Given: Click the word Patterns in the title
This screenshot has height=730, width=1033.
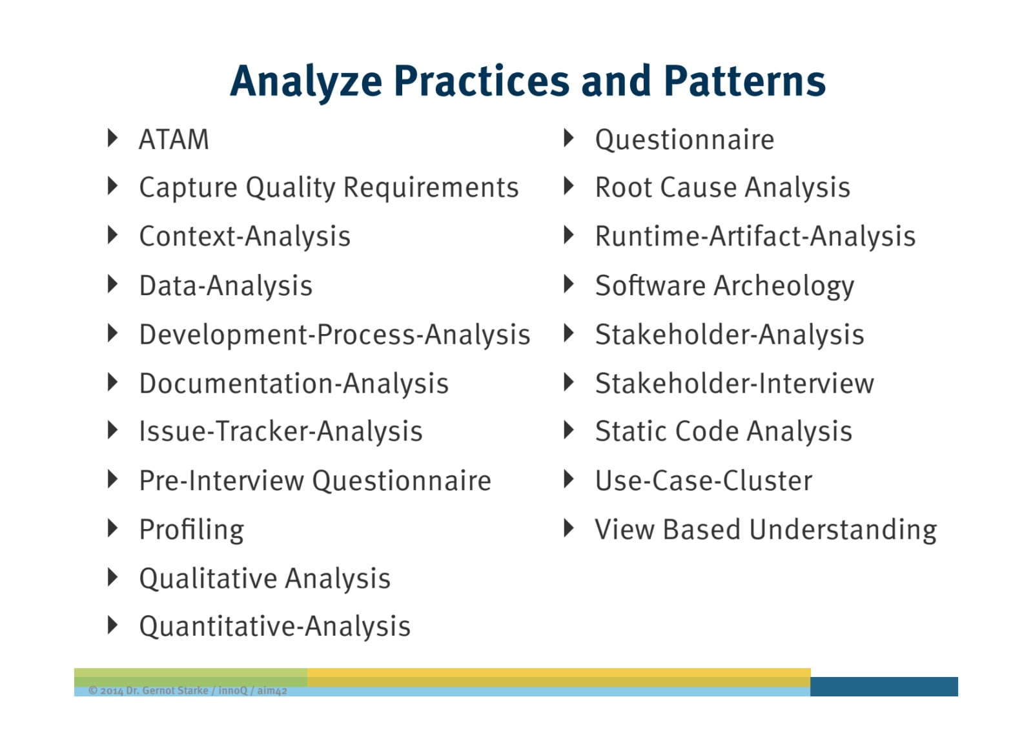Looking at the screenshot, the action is tap(745, 81).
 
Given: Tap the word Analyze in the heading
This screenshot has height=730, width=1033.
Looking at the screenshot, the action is tap(306, 83).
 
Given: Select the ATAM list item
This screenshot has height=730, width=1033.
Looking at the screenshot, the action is tap(174, 140).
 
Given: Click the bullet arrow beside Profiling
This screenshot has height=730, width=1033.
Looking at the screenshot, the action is tap(112, 528).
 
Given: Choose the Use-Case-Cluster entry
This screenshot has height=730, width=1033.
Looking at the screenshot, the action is tap(704, 481).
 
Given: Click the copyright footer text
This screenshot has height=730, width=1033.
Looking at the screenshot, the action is tap(188, 691).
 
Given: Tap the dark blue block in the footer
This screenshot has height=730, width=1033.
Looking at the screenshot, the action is tap(884, 686).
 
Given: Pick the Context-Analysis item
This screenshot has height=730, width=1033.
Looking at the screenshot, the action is tap(245, 237).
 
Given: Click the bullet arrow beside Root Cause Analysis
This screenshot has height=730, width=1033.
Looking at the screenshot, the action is tap(569, 186).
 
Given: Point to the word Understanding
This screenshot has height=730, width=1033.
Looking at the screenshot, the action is tap(843, 529).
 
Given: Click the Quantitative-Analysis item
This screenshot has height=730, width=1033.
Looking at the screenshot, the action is tap(275, 627).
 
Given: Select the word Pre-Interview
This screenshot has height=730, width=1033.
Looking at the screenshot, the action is tap(221, 481).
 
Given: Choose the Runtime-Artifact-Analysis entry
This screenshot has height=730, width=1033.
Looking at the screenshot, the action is tap(755, 237).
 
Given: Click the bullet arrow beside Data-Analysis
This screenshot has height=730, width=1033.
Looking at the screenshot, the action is tap(112, 284).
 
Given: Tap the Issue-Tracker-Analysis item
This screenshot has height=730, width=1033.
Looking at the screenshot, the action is tap(281, 432).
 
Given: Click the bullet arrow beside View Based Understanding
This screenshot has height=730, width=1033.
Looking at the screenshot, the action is tap(569, 528).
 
